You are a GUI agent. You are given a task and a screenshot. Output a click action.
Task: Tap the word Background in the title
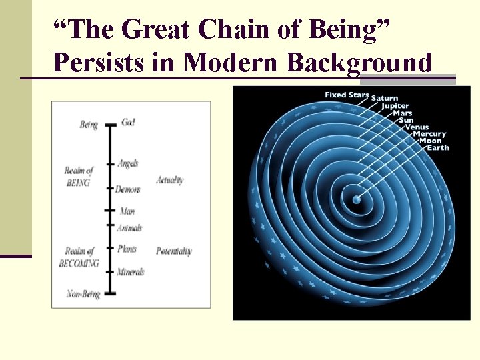[x=359, y=63]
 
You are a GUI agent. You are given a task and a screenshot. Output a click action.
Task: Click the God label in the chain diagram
[x=129, y=123]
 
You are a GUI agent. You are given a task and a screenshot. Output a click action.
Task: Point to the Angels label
[x=127, y=163]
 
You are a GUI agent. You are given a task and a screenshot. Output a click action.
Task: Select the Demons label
[x=127, y=189]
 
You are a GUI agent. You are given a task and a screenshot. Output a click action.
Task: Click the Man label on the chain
[x=127, y=211]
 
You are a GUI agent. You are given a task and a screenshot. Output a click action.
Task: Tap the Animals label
[x=129, y=228]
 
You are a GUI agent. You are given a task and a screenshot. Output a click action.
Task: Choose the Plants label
[x=127, y=250]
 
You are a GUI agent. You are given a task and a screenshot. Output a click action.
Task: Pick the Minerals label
[x=130, y=271]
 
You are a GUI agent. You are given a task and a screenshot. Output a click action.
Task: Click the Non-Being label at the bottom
[x=83, y=293]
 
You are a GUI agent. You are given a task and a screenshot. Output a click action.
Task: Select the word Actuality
[x=170, y=180]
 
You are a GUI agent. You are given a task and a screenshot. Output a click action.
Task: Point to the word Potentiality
[x=173, y=251]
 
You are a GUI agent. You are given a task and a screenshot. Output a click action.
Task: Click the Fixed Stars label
[x=346, y=95]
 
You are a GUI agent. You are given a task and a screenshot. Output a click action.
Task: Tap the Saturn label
[x=385, y=99]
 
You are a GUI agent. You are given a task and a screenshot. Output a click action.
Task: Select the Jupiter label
[x=395, y=107]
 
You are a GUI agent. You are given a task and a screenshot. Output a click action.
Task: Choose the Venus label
[x=417, y=127]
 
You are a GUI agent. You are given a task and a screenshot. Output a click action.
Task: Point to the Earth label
[x=438, y=148]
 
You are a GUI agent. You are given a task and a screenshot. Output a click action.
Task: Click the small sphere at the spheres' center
[x=357, y=199]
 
